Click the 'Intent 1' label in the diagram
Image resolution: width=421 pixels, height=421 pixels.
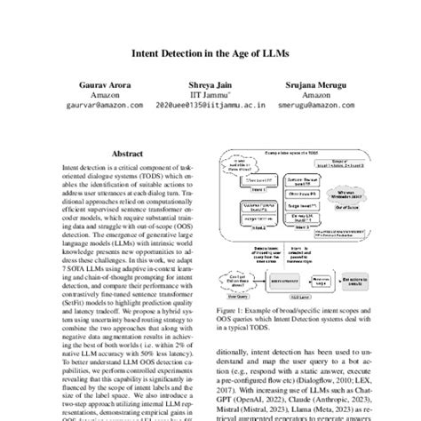click(x=255, y=189)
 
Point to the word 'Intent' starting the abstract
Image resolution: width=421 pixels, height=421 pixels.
click(x=70, y=166)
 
